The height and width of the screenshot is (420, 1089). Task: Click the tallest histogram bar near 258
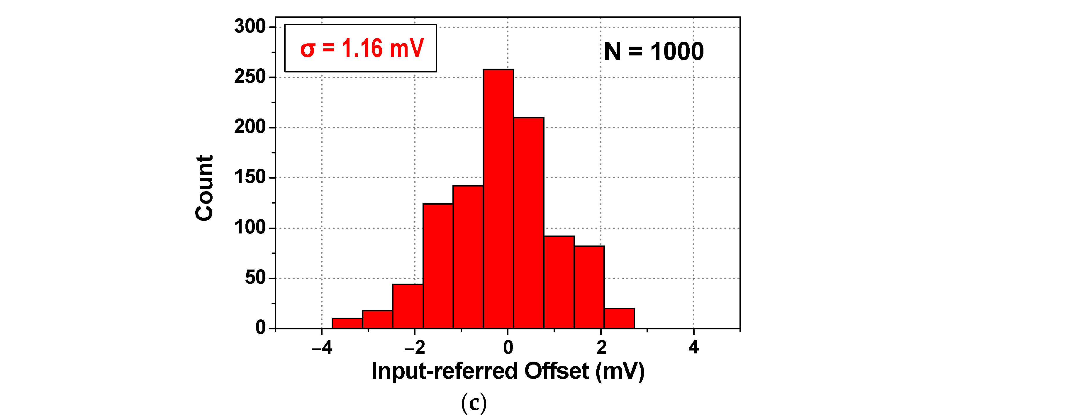(x=498, y=199)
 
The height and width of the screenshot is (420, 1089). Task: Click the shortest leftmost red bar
(x=347, y=323)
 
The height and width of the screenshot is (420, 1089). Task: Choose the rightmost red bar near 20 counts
(x=619, y=319)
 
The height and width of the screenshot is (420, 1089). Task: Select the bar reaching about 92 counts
(x=559, y=282)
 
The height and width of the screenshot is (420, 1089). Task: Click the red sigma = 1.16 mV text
(x=362, y=48)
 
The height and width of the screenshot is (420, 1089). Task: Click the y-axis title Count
(x=205, y=187)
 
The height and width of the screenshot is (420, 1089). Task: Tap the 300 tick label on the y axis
(x=250, y=27)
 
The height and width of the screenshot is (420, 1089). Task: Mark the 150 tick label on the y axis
(x=250, y=177)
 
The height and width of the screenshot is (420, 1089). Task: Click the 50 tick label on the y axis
(x=255, y=278)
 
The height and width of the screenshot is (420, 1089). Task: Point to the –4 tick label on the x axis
(x=322, y=347)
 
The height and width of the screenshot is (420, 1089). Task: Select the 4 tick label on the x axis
(x=693, y=347)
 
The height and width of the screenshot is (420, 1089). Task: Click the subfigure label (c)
(x=474, y=403)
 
